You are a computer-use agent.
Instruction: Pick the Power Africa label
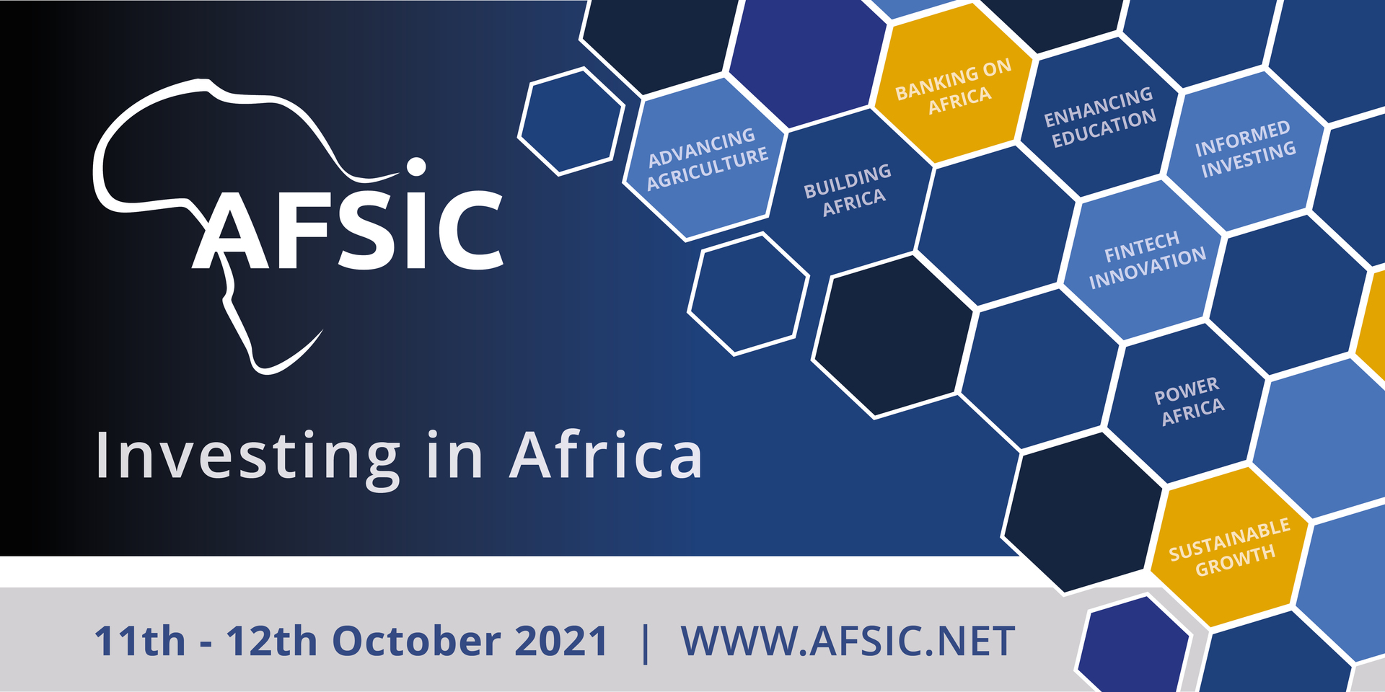(x=1189, y=401)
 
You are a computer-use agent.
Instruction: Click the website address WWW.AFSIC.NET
(x=848, y=641)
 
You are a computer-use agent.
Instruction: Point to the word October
(x=417, y=641)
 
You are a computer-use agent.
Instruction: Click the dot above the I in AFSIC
(x=416, y=167)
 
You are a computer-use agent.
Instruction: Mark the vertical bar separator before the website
(x=645, y=642)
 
